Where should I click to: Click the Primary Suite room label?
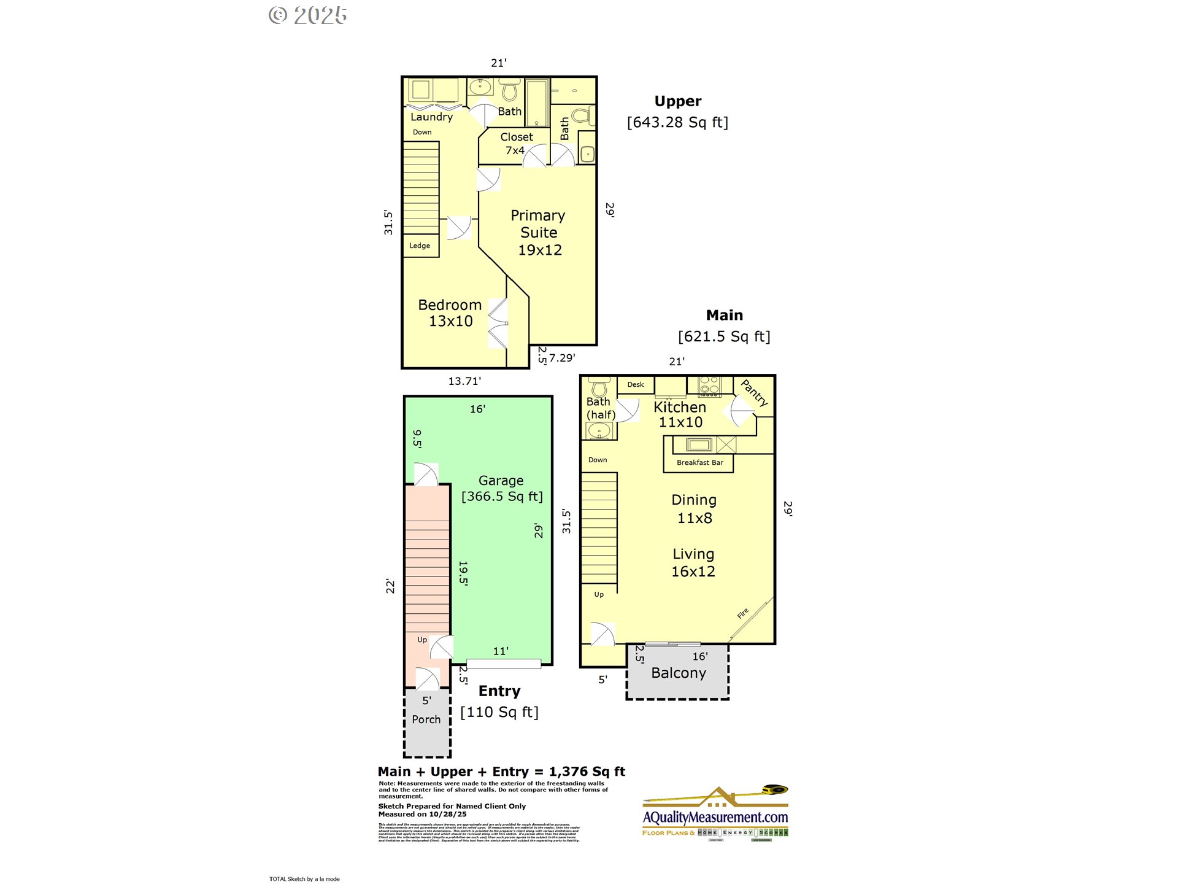click(x=538, y=233)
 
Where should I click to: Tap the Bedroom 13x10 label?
click(x=450, y=313)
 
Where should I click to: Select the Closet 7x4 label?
click(x=516, y=144)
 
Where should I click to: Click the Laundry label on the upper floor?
click(x=431, y=117)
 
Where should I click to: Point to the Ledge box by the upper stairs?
click(x=420, y=246)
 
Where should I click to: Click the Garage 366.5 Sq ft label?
click(x=502, y=489)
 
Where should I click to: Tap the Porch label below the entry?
click(x=426, y=719)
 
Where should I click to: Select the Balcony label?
click(x=679, y=673)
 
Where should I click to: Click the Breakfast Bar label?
click(x=699, y=463)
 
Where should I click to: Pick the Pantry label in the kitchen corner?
click(x=755, y=393)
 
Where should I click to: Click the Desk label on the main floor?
click(x=636, y=385)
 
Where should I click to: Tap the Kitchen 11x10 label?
click(x=680, y=414)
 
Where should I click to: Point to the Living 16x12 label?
click(x=693, y=563)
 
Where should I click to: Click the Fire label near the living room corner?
click(x=743, y=613)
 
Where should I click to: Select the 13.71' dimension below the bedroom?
click(x=464, y=381)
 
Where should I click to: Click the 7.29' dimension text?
click(x=562, y=358)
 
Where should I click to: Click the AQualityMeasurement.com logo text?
click(x=715, y=817)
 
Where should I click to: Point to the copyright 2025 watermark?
click(x=309, y=15)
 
